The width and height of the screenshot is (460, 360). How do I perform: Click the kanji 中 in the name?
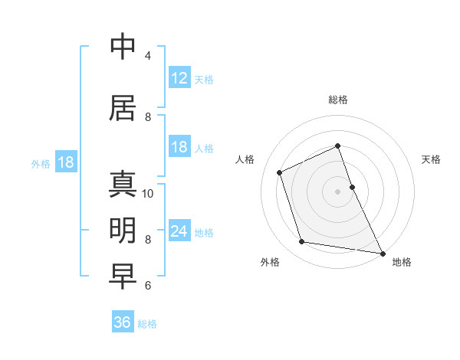click(123, 47)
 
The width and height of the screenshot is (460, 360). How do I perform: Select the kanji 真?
click(123, 185)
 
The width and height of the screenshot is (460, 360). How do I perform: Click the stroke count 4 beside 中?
click(147, 56)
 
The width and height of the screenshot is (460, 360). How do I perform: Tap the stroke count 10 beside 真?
click(148, 193)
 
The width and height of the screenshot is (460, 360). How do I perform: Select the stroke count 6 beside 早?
click(147, 286)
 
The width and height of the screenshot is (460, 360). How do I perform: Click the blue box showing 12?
click(179, 78)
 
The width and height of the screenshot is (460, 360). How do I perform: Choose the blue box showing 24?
click(179, 231)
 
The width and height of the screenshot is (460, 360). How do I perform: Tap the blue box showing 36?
click(123, 322)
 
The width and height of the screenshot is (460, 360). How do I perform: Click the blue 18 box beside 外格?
click(65, 162)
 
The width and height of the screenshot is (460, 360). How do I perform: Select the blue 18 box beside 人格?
click(179, 147)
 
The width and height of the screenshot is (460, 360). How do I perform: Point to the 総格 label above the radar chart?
click(338, 100)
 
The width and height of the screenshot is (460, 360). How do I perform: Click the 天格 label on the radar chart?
click(431, 159)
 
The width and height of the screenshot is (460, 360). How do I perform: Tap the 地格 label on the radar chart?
click(402, 262)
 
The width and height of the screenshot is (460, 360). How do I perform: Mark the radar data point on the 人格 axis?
click(280, 172)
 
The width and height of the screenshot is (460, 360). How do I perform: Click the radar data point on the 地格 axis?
click(382, 252)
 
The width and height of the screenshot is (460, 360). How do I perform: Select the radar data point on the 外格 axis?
click(302, 242)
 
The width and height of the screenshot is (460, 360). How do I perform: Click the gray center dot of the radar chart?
click(338, 191)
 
